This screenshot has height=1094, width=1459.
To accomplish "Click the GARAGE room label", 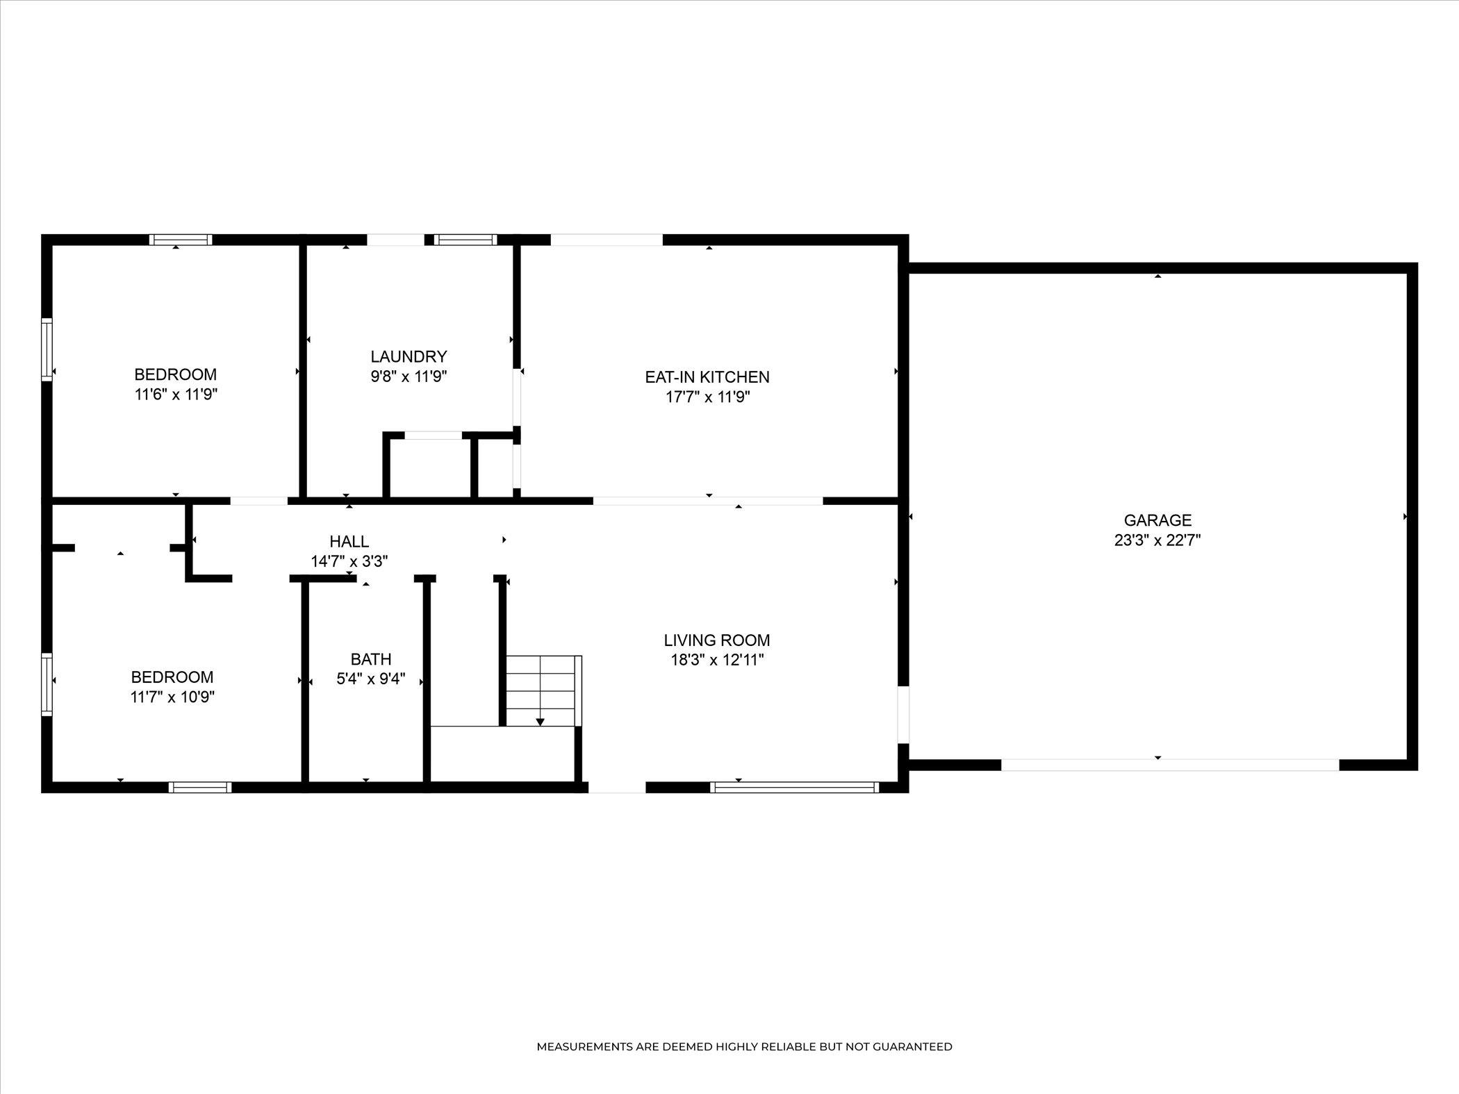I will point(1157,520).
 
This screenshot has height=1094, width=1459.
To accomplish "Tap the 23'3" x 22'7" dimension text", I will point(1157,540).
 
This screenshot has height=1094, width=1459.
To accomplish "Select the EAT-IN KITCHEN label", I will point(707,377).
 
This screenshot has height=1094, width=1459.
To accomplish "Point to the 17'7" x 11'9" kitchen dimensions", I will point(707,397).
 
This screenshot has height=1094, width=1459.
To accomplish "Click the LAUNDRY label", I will point(409,356).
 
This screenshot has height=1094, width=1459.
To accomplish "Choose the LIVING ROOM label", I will point(717,640).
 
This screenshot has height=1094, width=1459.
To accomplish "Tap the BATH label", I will point(371,658).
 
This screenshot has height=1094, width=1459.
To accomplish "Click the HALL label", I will point(349,541).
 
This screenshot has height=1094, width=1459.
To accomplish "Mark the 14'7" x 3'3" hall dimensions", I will point(349,561).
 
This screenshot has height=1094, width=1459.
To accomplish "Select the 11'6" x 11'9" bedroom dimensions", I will point(176,395).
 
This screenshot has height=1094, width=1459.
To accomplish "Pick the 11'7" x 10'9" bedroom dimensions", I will point(172,697).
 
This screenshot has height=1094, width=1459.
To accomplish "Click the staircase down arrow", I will point(540,722).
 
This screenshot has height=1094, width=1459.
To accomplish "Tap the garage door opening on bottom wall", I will point(1170,765).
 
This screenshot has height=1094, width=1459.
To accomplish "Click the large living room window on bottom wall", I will point(794,787).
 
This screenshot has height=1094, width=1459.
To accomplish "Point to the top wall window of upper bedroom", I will point(181,240).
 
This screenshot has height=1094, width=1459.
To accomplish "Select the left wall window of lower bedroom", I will point(47,683).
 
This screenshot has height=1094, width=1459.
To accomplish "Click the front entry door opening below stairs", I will point(617,787).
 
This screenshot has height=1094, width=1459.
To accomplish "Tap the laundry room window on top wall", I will point(465,240).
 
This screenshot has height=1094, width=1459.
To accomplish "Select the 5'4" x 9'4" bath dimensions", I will point(371,679).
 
